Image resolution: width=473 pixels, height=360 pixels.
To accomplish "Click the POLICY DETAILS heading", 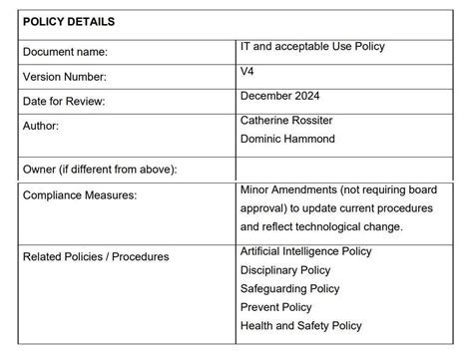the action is pyautogui.click(x=69, y=21).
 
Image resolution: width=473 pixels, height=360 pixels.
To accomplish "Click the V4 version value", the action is pyautogui.click(x=247, y=72).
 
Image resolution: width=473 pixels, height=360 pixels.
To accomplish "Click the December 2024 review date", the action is pyautogui.click(x=282, y=96).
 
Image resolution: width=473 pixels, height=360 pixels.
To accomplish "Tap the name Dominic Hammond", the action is pyautogui.click(x=288, y=139).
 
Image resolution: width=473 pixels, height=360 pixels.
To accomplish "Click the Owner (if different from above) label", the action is pyautogui.click(x=100, y=169).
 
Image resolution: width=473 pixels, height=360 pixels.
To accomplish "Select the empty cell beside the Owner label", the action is pyautogui.click(x=349, y=169).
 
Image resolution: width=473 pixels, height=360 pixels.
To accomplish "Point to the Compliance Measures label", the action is pyautogui.click(x=80, y=195).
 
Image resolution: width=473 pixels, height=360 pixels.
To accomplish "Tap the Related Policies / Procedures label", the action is pyautogui.click(x=96, y=257).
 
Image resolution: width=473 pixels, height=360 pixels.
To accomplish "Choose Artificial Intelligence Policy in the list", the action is pyautogui.click(x=305, y=251).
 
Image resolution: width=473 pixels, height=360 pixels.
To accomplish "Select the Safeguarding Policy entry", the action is pyautogui.click(x=290, y=289).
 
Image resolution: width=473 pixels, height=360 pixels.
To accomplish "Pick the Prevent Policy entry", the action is pyautogui.click(x=276, y=307).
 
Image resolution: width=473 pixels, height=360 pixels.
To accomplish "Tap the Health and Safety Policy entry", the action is pyautogui.click(x=300, y=326).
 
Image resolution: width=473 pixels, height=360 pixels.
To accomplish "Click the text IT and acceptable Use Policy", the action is pyautogui.click(x=312, y=46).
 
